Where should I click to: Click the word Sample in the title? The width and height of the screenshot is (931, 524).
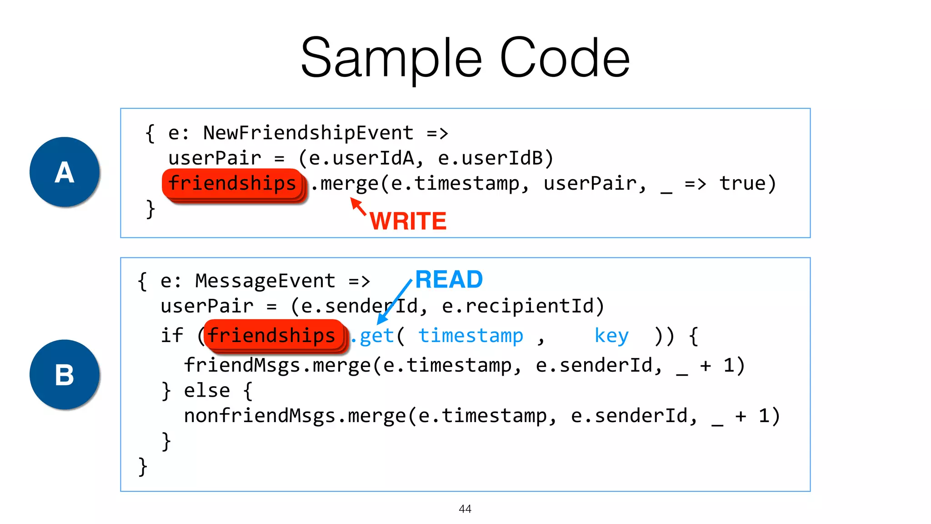[391, 58]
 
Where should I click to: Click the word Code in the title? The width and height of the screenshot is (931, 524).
[565, 58]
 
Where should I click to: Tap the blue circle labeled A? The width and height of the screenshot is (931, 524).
[65, 172]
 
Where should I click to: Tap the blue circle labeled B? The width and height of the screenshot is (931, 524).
[65, 375]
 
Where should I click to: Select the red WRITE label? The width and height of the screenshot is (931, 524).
[408, 222]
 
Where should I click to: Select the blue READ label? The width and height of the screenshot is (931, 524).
[449, 279]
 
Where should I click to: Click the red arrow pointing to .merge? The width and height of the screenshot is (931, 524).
[358, 206]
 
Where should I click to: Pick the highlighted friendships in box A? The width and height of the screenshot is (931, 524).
[233, 184]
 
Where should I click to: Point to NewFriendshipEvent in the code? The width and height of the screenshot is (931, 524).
[308, 133]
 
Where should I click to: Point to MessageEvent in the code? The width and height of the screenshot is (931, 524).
[265, 281]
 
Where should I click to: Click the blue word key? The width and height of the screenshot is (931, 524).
[611, 336]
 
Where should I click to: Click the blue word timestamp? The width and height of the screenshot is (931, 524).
[471, 336]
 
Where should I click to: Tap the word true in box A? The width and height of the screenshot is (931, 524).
[742, 184]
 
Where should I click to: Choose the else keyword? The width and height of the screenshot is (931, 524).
[207, 391]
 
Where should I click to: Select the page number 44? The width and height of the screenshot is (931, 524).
[465, 509]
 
